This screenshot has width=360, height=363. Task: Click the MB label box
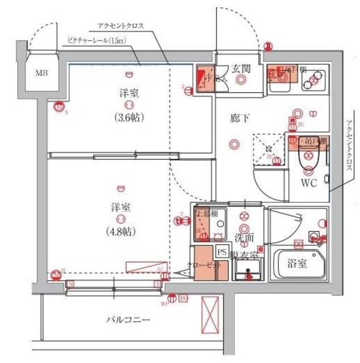[42, 73]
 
